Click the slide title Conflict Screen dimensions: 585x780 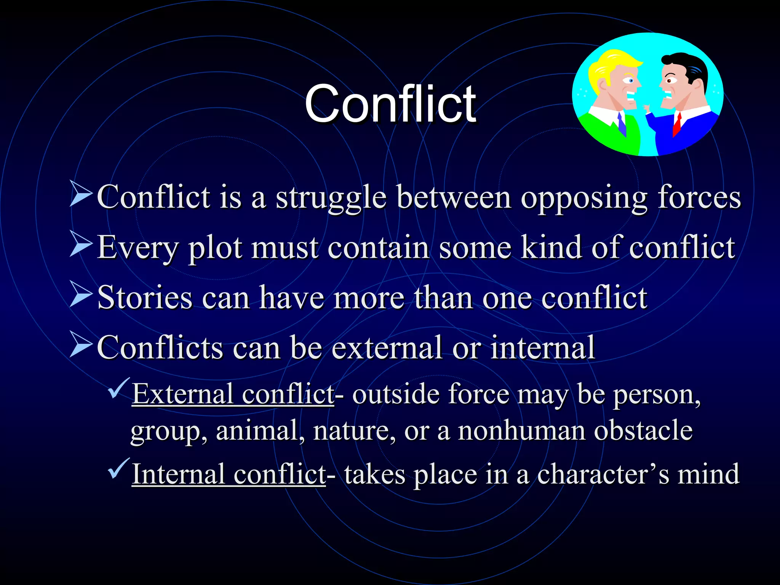(x=390, y=104)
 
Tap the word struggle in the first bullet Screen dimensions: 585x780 (x=331, y=198)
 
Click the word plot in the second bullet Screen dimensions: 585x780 (x=215, y=248)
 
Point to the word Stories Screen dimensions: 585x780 (x=145, y=297)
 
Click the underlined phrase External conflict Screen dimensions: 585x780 (x=233, y=394)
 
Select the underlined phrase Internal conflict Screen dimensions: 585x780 (x=229, y=475)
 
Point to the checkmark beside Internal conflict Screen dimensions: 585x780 (x=118, y=468)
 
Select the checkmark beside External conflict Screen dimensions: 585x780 (x=118, y=388)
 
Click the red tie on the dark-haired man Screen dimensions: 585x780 (x=677, y=124)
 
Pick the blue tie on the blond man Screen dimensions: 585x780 (x=622, y=124)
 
